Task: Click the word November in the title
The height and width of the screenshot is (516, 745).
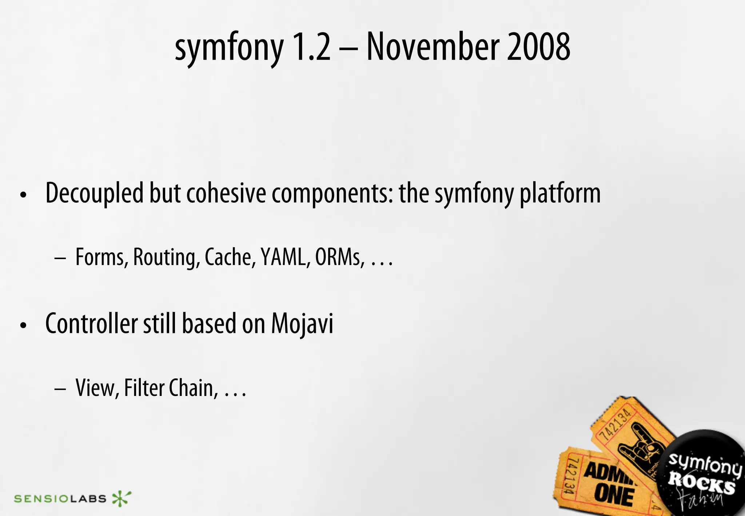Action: coord(433,47)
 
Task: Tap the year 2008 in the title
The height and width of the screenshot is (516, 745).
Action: coord(538,47)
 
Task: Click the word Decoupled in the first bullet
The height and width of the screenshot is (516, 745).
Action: coord(94,193)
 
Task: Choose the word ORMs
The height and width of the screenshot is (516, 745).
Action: coord(339,257)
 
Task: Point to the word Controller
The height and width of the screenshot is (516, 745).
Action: coord(91,324)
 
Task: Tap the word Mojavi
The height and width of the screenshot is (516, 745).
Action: coord(302,324)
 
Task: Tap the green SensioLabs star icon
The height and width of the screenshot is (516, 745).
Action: coord(121,499)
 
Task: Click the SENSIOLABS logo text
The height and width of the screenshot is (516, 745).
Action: coord(60,499)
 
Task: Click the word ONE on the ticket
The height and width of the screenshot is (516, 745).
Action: coord(614,495)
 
